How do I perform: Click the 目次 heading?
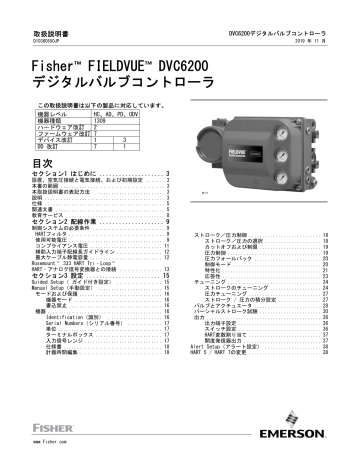pos(45,162)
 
